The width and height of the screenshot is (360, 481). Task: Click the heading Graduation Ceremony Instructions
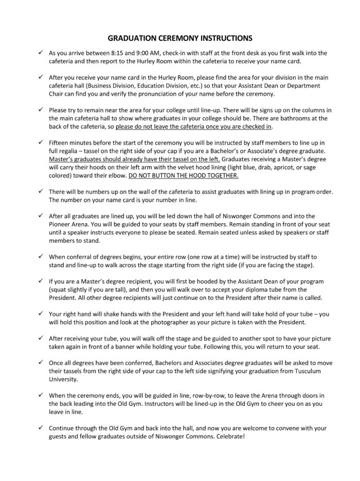(x=179, y=38)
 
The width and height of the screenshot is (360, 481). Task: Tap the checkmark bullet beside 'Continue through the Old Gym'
(x=40, y=428)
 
